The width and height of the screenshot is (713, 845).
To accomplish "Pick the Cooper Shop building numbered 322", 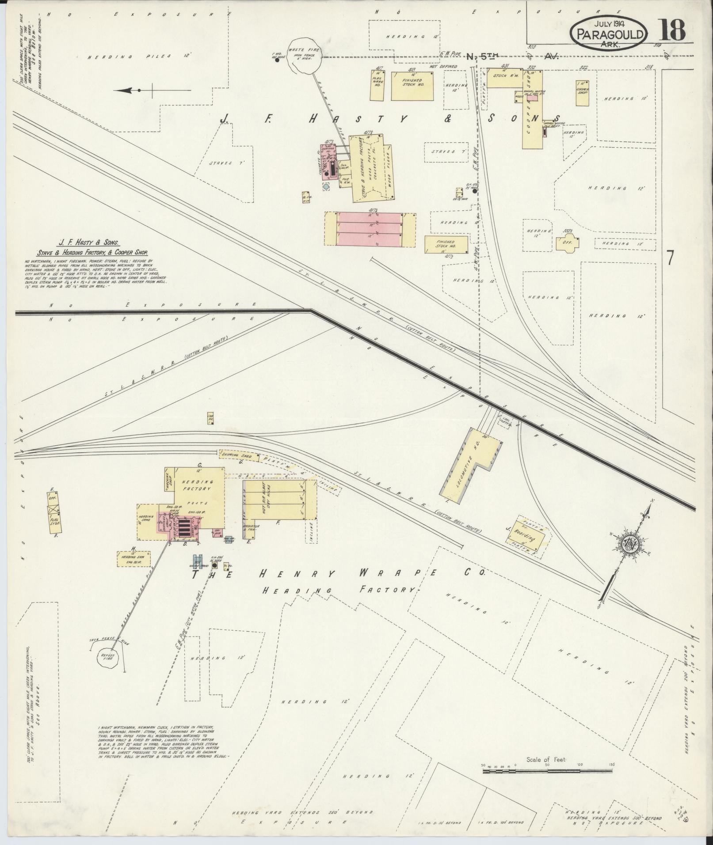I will pos(582,93).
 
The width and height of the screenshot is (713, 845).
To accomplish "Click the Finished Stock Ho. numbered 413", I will pos(412,85).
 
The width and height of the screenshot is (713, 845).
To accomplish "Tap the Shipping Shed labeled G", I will pos(237,455).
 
